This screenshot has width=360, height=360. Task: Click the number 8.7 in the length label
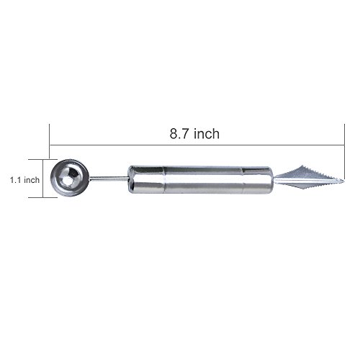pyautogui.click(x=179, y=134)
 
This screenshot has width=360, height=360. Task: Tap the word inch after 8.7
pyautogui.click(x=207, y=133)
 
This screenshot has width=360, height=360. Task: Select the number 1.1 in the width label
pyautogui.click(x=15, y=180)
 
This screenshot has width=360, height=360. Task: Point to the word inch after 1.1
pyautogui.click(x=32, y=180)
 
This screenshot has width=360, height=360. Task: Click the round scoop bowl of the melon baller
pyautogui.click(x=70, y=178)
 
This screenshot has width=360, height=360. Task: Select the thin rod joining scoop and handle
pyautogui.click(x=109, y=178)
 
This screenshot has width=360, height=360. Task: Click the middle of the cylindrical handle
pyautogui.click(x=200, y=179)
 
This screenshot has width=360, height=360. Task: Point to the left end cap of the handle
pyautogui.click(x=131, y=179)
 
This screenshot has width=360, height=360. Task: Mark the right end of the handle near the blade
pyautogui.click(x=271, y=179)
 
